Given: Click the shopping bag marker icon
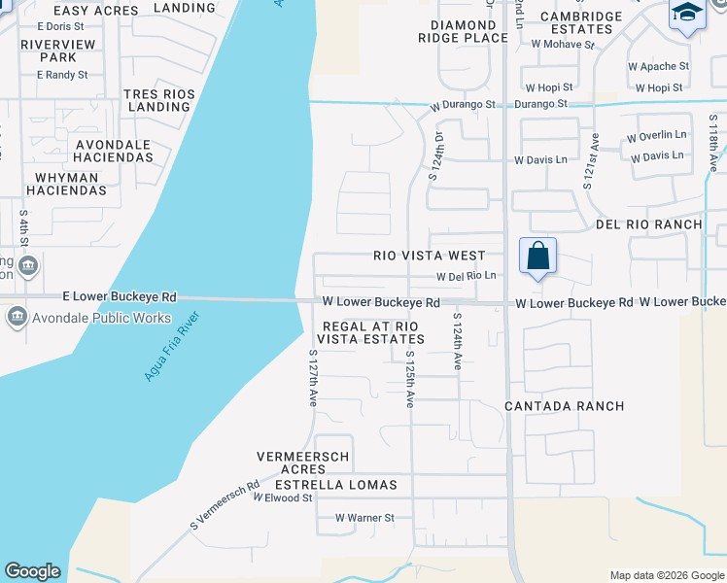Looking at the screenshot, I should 538,257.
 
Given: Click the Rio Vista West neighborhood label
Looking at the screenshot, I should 430,256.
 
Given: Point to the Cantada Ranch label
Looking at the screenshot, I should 565,405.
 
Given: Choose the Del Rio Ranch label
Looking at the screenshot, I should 648,224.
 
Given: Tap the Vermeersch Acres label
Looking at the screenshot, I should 302,463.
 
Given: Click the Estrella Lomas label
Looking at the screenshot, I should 336,484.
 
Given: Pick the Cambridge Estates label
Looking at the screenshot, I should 581,22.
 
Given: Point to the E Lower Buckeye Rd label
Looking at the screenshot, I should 120,296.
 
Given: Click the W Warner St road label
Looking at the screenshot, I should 364,518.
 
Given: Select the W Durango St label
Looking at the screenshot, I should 465,104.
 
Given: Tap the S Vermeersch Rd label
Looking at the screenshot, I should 225,506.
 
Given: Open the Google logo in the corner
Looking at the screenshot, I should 32,571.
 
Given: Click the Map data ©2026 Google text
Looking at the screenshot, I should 667,575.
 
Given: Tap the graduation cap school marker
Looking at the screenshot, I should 687,14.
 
